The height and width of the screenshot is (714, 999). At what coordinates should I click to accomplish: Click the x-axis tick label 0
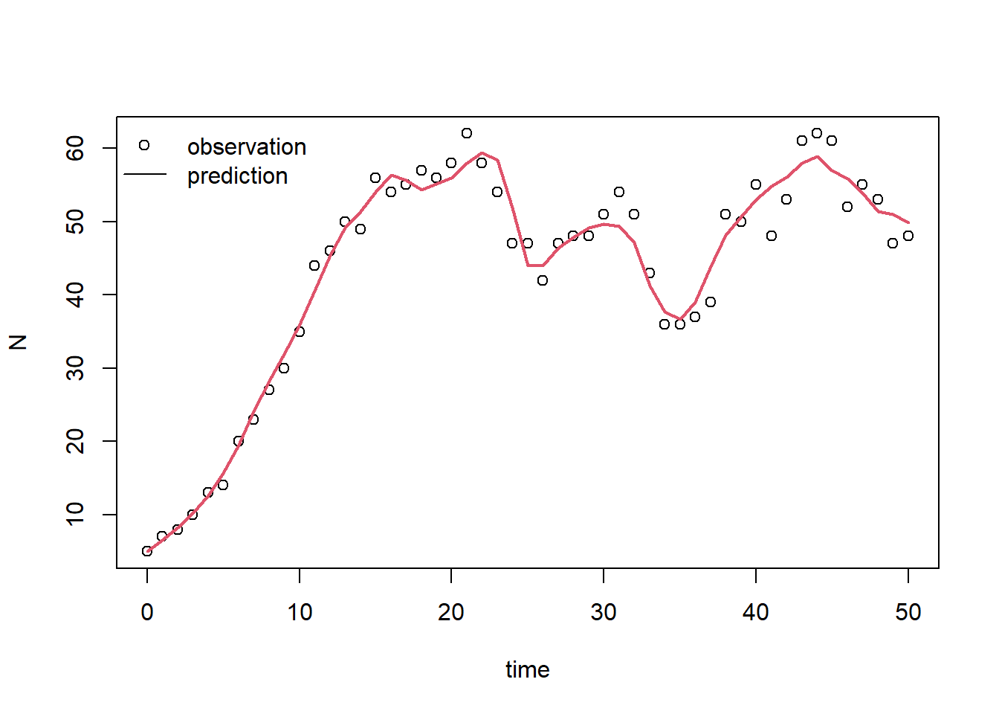pyautogui.click(x=147, y=612)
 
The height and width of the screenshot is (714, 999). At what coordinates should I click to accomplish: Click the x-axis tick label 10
pyautogui.click(x=300, y=612)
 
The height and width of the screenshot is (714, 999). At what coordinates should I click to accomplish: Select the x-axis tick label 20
pyautogui.click(x=451, y=612)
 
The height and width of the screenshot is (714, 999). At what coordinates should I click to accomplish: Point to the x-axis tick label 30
pyautogui.click(x=604, y=612)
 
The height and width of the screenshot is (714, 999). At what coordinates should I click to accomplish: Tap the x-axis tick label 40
pyautogui.click(x=756, y=612)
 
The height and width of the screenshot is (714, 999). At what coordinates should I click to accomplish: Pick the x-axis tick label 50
pyautogui.click(x=908, y=612)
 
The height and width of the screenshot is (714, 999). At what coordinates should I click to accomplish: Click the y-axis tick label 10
pyautogui.click(x=76, y=514)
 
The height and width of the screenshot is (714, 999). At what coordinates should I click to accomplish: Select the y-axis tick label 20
pyautogui.click(x=76, y=441)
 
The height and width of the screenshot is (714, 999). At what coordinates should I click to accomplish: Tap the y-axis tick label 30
pyautogui.click(x=76, y=368)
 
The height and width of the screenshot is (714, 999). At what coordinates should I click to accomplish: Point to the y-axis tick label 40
pyautogui.click(x=76, y=295)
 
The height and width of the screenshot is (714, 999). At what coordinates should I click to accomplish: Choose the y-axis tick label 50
pyautogui.click(x=76, y=222)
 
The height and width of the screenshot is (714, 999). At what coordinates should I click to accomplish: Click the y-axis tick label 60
pyautogui.click(x=76, y=148)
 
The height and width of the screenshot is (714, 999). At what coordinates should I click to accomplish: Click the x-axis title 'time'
pyautogui.click(x=528, y=669)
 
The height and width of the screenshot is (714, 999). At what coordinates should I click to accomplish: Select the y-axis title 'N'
pyautogui.click(x=18, y=342)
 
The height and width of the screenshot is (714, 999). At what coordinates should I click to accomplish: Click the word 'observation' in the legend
pyautogui.click(x=247, y=147)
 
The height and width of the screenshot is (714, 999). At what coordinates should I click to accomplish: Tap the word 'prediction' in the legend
pyautogui.click(x=237, y=176)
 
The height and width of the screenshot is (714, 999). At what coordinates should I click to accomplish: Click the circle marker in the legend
pyautogui.click(x=144, y=145)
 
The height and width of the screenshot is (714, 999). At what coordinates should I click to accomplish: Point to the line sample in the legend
pyautogui.click(x=145, y=175)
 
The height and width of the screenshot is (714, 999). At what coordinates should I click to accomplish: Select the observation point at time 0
pyautogui.click(x=147, y=551)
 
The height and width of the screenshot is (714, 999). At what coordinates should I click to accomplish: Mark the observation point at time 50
pyautogui.click(x=908, y=236)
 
